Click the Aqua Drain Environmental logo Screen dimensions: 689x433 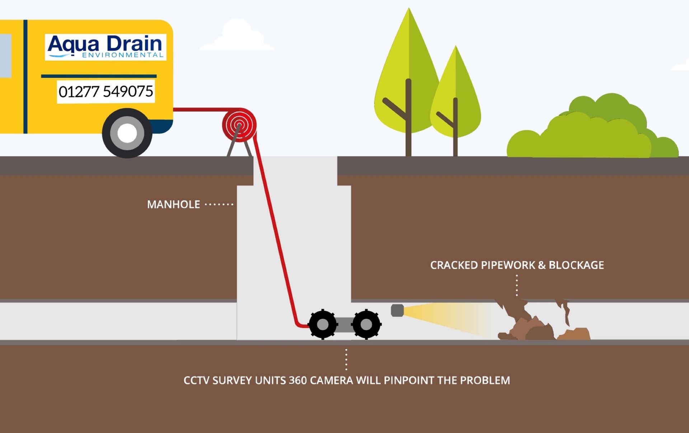click(106, 47)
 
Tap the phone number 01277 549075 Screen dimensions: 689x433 click(106, 92)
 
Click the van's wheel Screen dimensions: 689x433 click(127, 133)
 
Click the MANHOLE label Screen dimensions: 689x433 click(174, 204)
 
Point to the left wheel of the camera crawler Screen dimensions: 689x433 click(323, 325)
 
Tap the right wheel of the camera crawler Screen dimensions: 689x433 click(366, 325)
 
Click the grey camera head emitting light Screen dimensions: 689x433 click(397, 311)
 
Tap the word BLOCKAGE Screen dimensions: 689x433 click(576, 265)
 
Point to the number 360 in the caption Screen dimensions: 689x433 click(297, 381)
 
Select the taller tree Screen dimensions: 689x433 click(408, 82)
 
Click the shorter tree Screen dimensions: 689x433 click(455, 101)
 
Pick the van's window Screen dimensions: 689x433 click(5, 56)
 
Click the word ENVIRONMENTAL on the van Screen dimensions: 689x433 click(123, 55)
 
